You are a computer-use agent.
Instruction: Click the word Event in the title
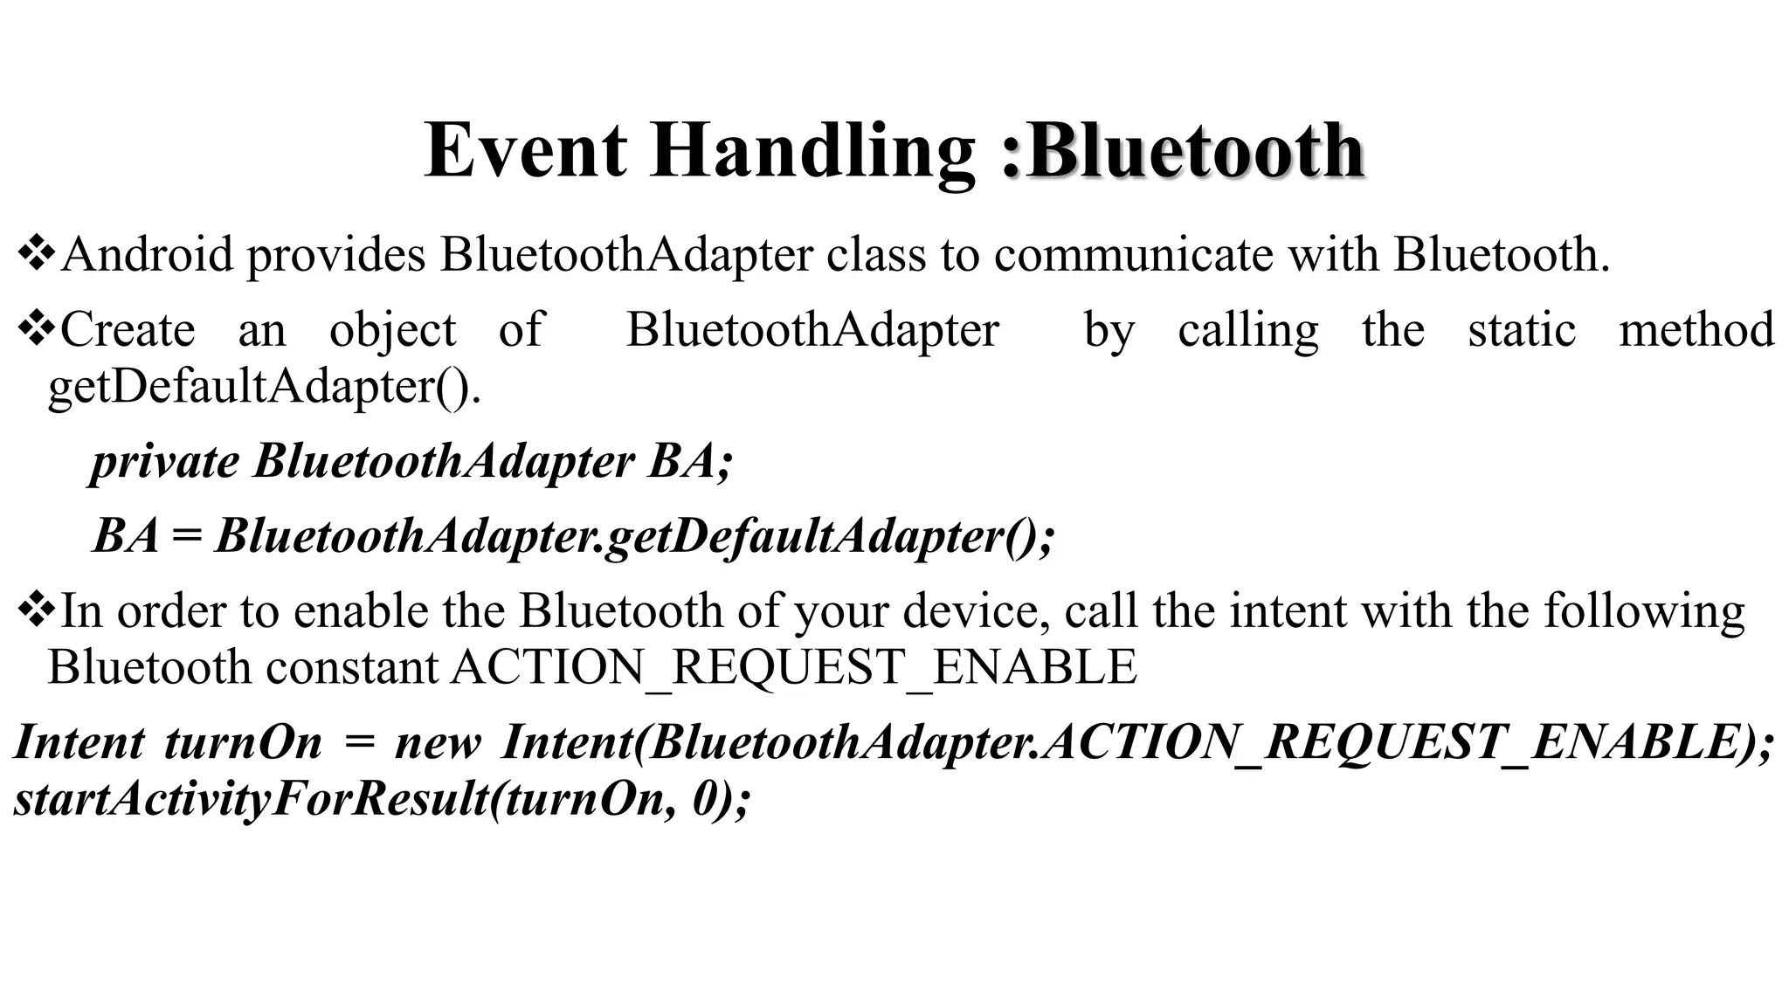coord(525,150)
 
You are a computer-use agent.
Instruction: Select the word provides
coord(336,254)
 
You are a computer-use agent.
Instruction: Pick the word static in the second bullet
coord(1522,330)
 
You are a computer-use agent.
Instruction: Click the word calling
coord(1247,330)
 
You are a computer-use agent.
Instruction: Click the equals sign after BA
coord(186,535)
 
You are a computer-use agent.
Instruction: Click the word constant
coord(352,667)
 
